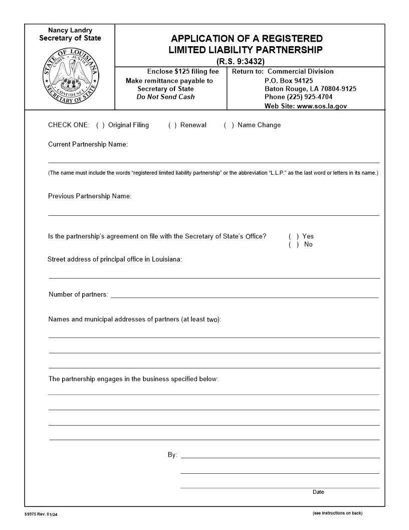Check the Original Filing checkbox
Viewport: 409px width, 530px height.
tap(100, 125)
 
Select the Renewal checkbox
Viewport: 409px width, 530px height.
tap(172, 125)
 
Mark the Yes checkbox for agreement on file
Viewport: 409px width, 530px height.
tap(294, 236)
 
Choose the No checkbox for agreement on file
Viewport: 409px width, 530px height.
tap(294, 244)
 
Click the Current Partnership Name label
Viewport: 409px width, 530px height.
tap(88, 145)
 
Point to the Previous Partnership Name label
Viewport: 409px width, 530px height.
tap(89, 196)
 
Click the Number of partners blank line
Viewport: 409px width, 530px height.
tap(244, 295)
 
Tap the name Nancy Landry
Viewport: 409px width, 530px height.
tap(70, 30)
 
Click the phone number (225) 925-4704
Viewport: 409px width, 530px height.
tap(299, 97)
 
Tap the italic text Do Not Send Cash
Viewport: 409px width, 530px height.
tap(165, 97)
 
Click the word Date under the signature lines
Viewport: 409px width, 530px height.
tap(318, 492)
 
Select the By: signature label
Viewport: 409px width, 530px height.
tap(172, 455)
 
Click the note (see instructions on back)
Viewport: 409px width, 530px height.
tap(337, 513)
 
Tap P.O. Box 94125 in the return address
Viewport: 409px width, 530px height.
tap(289, 80)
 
